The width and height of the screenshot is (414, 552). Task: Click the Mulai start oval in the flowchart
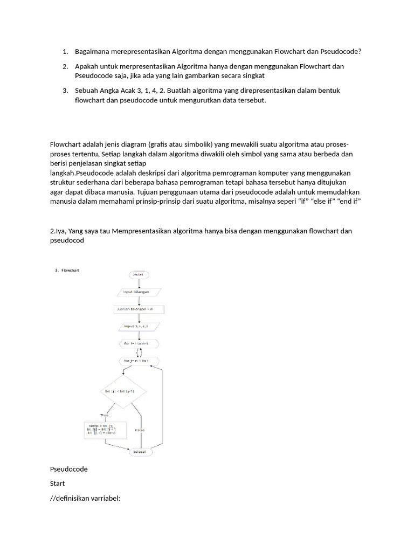pos(139,274)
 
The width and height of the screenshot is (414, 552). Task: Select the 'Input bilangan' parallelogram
pos(139,292)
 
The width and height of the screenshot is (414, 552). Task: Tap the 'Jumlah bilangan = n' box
pos(139,309)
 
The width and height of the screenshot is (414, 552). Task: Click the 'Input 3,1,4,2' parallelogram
pos(139,327)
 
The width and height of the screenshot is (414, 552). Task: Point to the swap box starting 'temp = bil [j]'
pos(105,429)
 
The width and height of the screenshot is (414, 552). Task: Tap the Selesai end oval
pos(139,452)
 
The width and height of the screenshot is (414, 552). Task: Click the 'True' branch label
pos(105,415)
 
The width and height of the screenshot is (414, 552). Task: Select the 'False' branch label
pos(140,430)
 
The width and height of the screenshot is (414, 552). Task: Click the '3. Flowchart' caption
pos(67,271)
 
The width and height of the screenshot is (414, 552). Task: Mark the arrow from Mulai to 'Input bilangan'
pos(139,282)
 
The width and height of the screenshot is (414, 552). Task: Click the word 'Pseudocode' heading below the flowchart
pos(68,469)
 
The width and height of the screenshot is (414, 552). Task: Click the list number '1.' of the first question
pos(65,52)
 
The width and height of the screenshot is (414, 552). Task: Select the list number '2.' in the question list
pos(65,66)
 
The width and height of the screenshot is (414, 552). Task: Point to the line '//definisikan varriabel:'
pos(85,498)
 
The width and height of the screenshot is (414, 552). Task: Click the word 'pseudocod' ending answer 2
pos(67,240)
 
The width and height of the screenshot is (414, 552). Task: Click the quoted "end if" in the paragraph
pos(348,202)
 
